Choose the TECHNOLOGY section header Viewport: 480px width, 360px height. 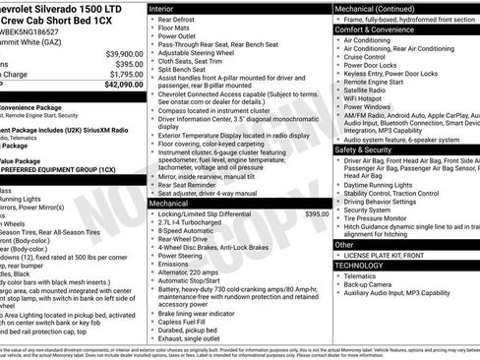[359, 266]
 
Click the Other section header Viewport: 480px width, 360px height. [344, 244]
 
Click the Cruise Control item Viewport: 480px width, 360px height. [365, 57]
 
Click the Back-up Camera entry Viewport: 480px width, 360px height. [370, 284]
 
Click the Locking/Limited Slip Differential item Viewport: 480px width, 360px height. [213, 213]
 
